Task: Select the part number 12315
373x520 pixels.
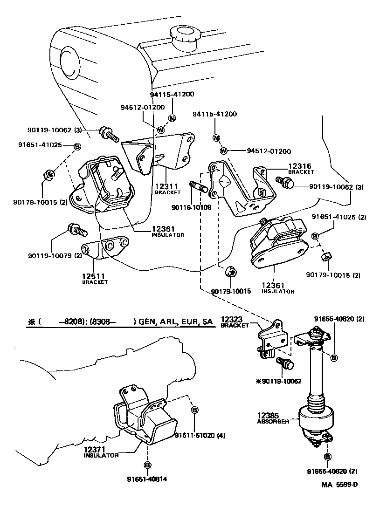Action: click(x=299, y=166)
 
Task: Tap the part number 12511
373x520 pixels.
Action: click(x=95, y=276)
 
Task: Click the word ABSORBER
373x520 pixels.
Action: click(x=273, y=421)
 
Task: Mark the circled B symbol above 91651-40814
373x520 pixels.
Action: click(x=147, y=465)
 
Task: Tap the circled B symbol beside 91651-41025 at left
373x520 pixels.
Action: click(x=77, y=147)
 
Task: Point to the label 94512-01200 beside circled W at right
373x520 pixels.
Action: click(x=269, y=151)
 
